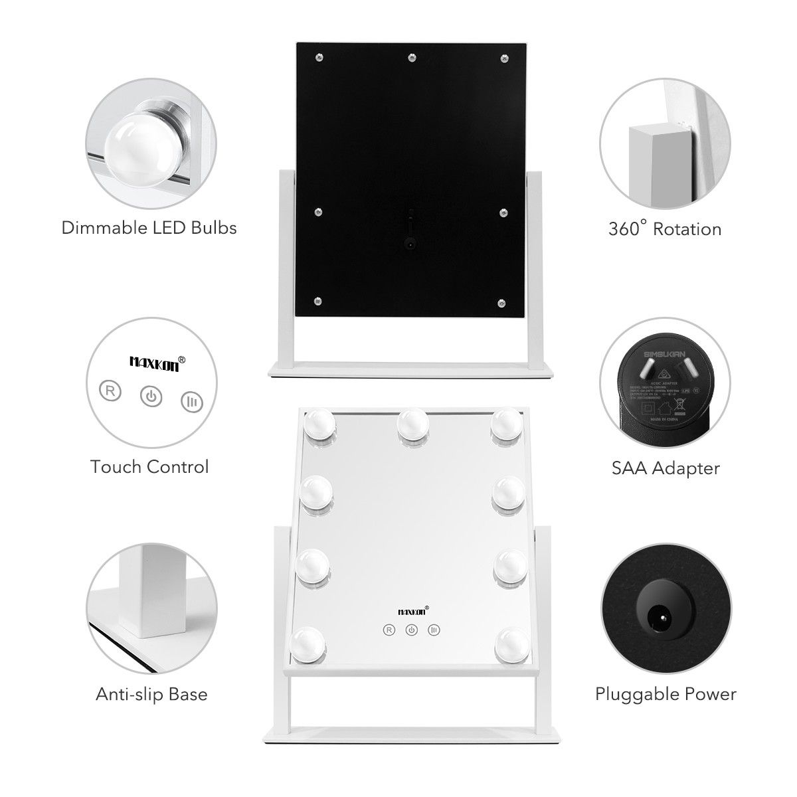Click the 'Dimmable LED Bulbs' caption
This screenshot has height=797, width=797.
tap(149, 228)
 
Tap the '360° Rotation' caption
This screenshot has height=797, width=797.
tap(664, 229)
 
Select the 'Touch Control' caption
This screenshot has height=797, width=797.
tap(149, 467)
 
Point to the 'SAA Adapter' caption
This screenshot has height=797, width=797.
tap(665, 468)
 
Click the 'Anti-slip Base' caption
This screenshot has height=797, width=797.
tap(151, 695)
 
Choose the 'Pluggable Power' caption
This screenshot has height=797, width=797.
tap(665, 695)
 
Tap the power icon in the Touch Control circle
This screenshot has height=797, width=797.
tap(151, 397)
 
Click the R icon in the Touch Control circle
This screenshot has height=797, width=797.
tap(111, 390)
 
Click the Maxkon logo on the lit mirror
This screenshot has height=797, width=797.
tap(412, 610)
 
